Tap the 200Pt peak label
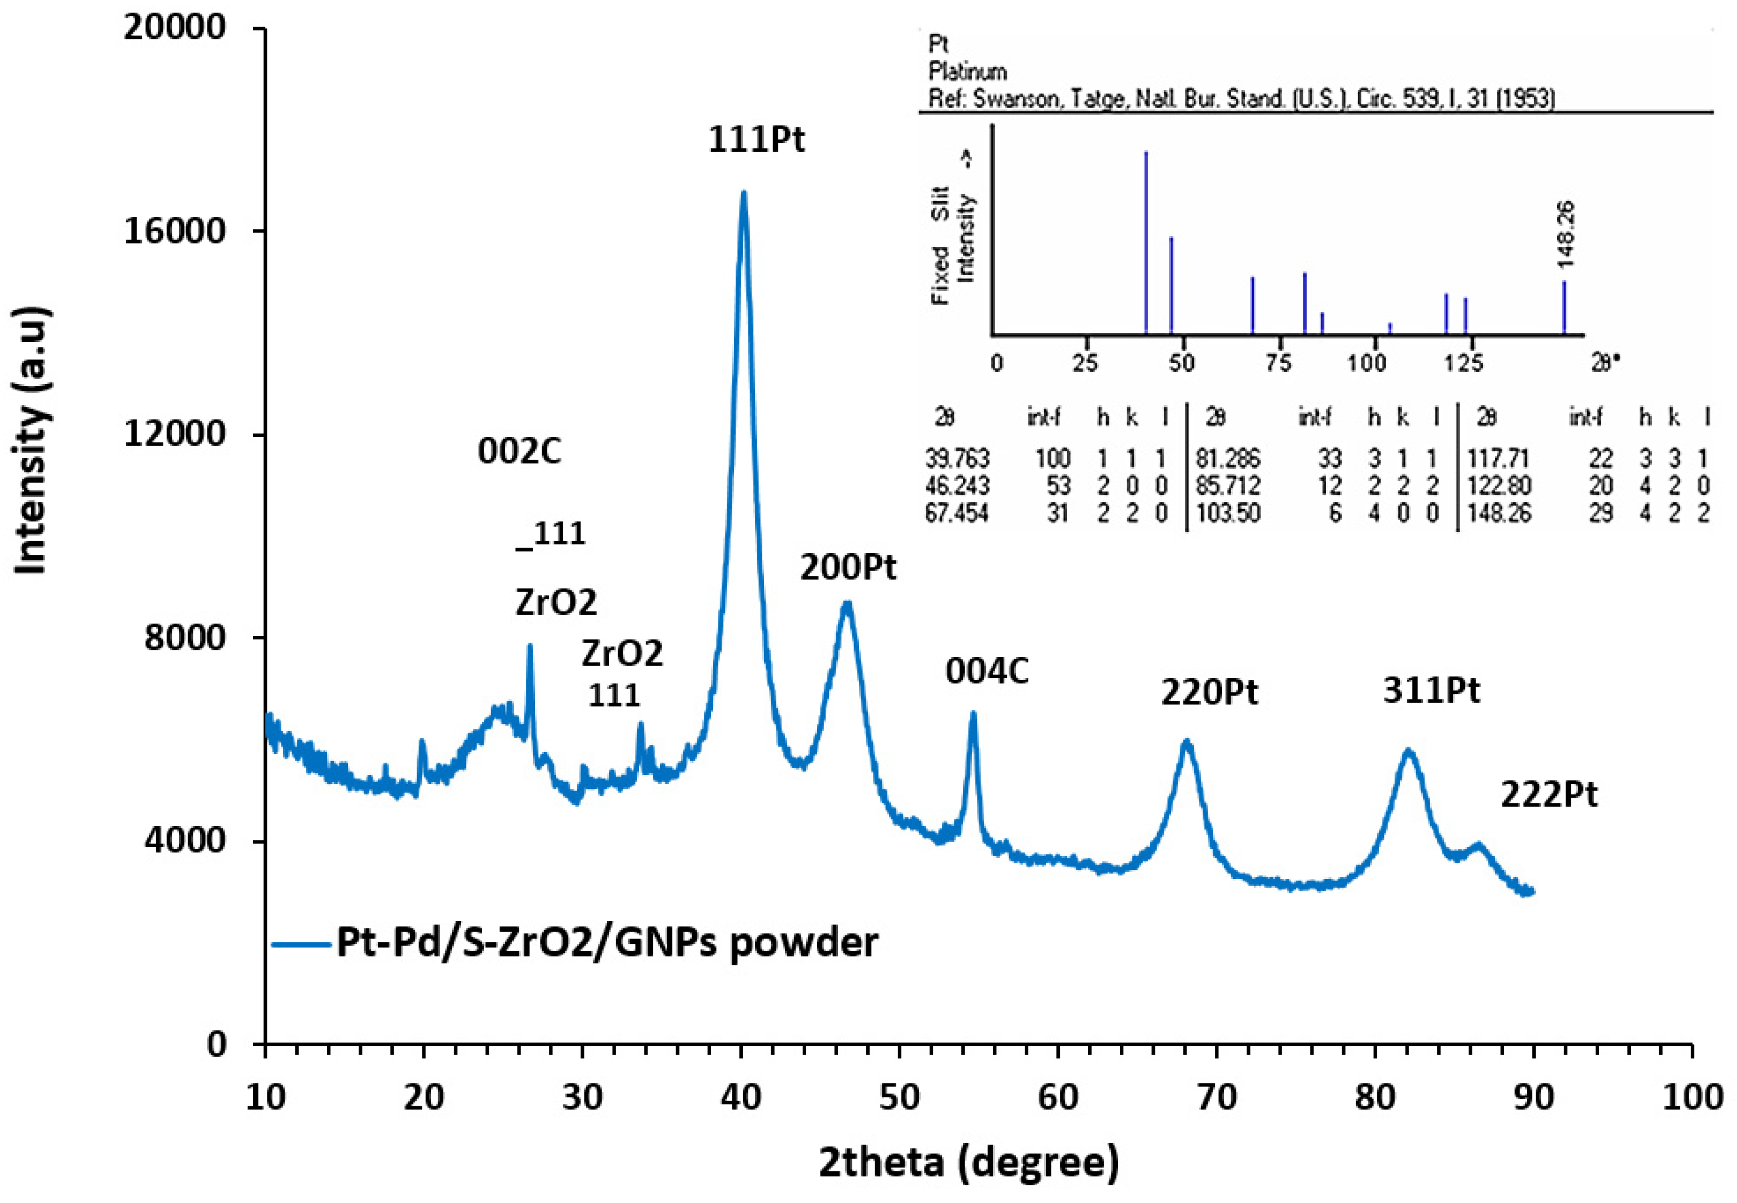[848, 568]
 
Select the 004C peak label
[987, 672]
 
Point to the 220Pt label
[1209, 692]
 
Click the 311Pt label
[1431, 690]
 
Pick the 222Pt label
[1549, 794]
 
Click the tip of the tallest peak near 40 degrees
[743, 193]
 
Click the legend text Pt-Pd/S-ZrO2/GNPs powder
[607, 942]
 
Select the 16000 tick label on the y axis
[175, 231]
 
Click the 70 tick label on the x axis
[1216, 1097]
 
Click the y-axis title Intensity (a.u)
[32, 440]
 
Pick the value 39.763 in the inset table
[957, 458]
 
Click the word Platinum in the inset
[967, 72]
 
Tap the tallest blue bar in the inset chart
[1146, 241]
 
